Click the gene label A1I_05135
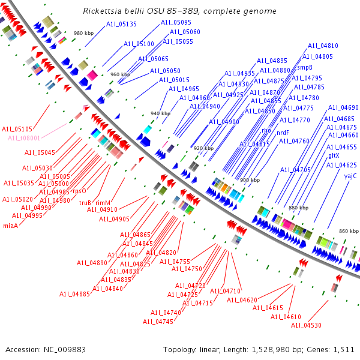point(122,25)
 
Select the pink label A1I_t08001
point(24,138)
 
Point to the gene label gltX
point(334,155)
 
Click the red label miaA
point(11,226)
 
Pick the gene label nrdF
point(283,133)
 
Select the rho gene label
point(266,130)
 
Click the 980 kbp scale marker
point(83,33)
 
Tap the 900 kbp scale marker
point(250,179)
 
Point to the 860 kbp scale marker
point(349,231)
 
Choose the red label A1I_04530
point(306,325)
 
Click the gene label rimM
point(103,203)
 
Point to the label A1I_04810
point(323,46)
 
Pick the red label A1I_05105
point(17,129)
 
